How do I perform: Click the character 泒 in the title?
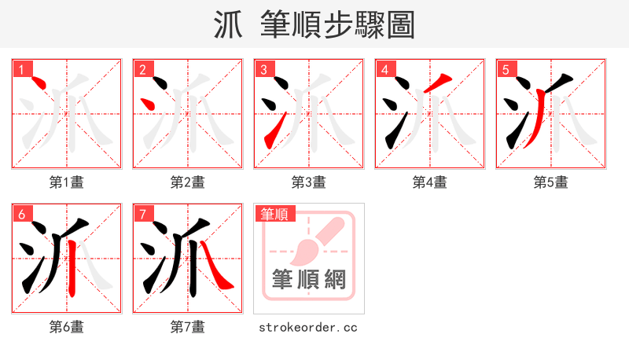tap(230, 24)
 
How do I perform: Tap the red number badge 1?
tap(22, 69)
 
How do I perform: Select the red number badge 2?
tap(143, 69)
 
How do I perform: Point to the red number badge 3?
tap(264, 69)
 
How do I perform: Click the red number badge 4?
tap(385, 69)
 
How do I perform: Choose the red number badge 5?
tap(506, 69)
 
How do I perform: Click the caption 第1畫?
tap(67, 182)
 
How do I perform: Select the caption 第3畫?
tap(309, 182)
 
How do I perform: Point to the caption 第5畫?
tap(551, 182)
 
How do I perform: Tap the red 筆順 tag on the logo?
tap(274, 214)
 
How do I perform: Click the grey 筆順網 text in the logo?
tap(309, 279)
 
